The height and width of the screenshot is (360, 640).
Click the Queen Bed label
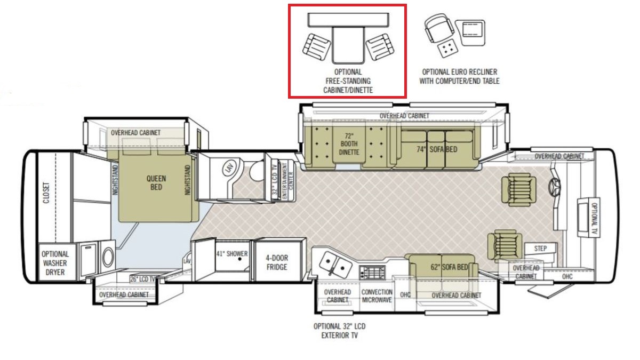pos(156,183)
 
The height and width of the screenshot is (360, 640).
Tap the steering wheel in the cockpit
pos(554,187)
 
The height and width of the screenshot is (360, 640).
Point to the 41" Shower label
pos(231,254)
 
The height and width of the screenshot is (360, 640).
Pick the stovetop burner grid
pos(372,273)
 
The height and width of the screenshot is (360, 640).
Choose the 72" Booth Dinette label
pos(349,144)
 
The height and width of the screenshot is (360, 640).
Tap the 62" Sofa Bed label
pos(449,267)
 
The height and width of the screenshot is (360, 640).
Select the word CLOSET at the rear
pos(46,193)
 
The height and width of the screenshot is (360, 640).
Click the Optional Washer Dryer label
pos(55,263)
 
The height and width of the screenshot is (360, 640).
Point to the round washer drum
pos(108,258)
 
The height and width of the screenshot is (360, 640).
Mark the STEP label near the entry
pos(540,249)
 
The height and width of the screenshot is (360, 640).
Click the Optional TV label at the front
pos(594,217)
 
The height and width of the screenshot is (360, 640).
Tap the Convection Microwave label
pos(377,296)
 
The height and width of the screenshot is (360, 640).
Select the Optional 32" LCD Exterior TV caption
pos(339,331)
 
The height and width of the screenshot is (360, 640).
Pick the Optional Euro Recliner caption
pos(459,76)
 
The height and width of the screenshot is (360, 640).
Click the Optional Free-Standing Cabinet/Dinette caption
pos(348,81)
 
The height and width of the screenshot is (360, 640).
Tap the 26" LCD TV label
pos(142,279)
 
